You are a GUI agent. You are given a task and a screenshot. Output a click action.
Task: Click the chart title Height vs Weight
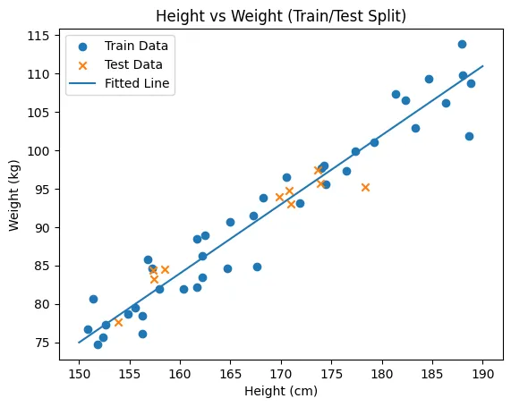click(219, 16)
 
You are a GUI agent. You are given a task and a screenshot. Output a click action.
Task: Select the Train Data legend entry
click(123, 46)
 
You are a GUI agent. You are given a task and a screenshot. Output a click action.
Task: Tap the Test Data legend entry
click(120, 64)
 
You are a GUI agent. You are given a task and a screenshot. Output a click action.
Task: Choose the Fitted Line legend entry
click(119, 83)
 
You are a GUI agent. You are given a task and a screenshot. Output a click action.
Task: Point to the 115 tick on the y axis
click(57, 36)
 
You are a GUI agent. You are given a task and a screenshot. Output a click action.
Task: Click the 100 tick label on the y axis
click(38, 151)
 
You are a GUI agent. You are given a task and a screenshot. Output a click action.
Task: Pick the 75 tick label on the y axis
click(42, 343)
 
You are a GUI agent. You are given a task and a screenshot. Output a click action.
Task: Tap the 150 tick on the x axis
click(79, 362)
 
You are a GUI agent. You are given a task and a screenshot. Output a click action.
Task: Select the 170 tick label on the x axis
click(281, 374)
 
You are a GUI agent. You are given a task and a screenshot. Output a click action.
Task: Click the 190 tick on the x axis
click(482, 362)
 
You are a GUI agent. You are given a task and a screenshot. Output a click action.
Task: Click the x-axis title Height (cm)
click(281, 391)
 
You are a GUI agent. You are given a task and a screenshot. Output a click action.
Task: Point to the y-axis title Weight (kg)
click(14, 196)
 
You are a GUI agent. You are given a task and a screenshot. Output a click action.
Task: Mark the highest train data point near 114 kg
click(462, 45)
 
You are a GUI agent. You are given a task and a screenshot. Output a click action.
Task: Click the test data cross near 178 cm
click(365, 187)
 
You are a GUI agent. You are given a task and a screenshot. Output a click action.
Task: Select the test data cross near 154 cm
click(118, 323)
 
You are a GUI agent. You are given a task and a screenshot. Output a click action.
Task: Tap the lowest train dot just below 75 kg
click(98, 344)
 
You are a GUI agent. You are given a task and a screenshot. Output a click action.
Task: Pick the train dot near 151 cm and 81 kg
click(94, 299)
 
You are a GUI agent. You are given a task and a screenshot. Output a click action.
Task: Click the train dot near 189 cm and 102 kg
click(469, 137)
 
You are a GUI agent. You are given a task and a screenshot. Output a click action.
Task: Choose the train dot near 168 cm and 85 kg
click(257, 267)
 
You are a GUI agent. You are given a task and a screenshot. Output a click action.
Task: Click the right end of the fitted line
click(482, 66)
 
